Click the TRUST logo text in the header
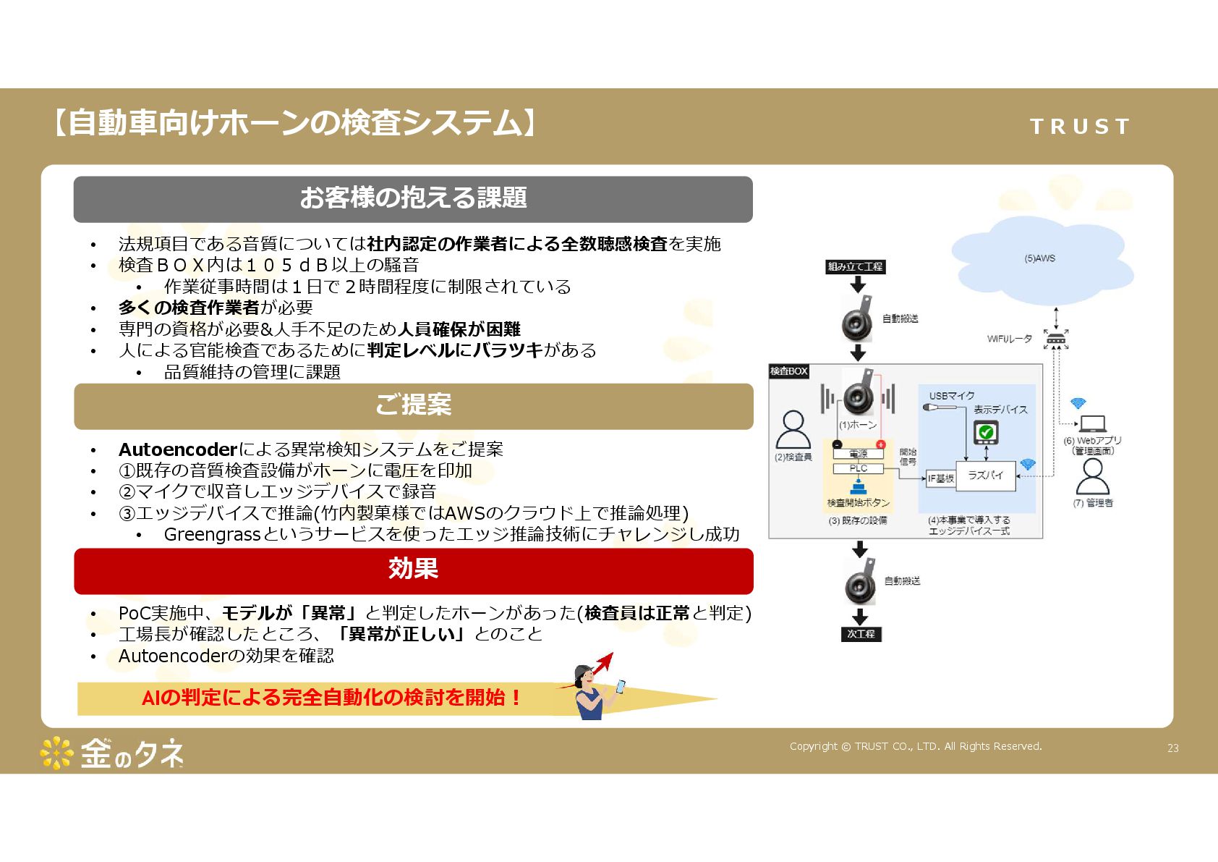[1079, 127]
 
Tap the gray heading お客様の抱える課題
[413, 199]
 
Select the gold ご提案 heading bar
[413, 406]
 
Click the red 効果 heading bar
[413, 570]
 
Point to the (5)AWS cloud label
[1039, 258]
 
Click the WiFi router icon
[1056, 338]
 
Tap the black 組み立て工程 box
[855, 267]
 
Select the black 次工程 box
[861, 634]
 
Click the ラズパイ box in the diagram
[985, 476]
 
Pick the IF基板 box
[940, 478]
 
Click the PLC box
[858, 469]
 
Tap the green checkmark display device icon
[985, 433]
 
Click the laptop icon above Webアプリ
[1092, 423]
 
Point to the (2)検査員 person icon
[793, 430]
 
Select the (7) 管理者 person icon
[1092, 477]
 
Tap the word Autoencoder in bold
[178, 449]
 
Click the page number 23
[1172, 748]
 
